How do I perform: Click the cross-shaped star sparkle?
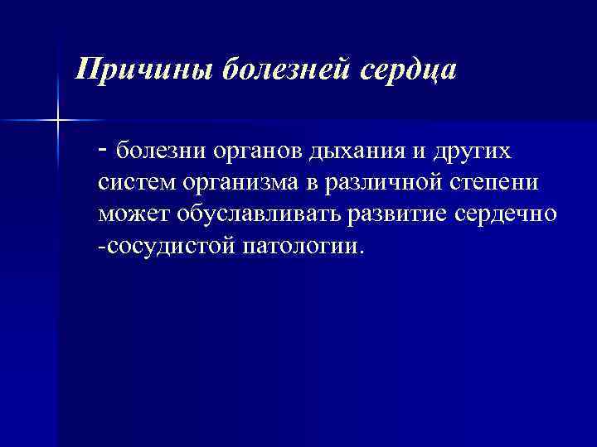59,121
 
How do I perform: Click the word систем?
134,185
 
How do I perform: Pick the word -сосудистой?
167,248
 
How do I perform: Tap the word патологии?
299,248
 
